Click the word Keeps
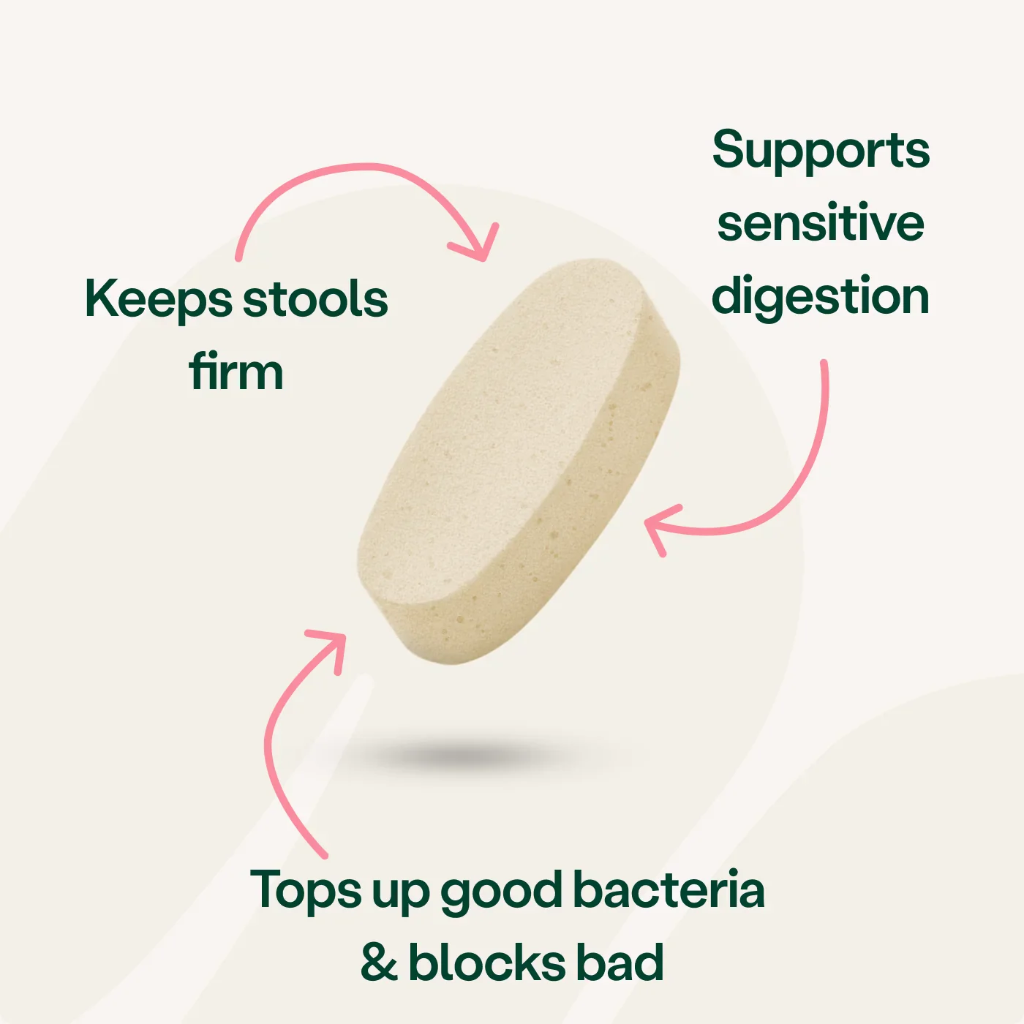click(x=159, y=300)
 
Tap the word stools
click(x=316, y=298)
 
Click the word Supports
click(x=821, y=151)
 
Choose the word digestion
click(x=820, y=296)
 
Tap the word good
click(x=501, y=893)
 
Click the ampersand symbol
click(x=380, y=963)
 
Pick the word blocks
click(x=486, y=961)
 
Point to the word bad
click(x=620, y=961)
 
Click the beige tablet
click(x=519, y=462)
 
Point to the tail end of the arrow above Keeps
click(x=238, y=257)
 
